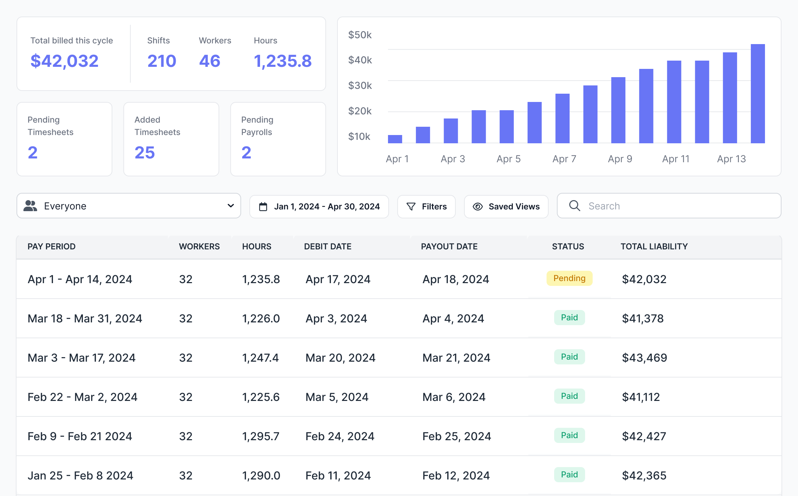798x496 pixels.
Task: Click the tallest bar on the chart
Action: [x=758, y=93]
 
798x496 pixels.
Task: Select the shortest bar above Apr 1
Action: [x=395, y=139]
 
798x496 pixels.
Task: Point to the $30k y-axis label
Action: [x=360, y=85]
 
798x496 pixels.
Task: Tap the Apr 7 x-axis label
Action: [x=564, y=159]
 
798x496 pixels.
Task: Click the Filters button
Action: [x=427, y=206]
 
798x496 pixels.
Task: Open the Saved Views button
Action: [x=506, y=206]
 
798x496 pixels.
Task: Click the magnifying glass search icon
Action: [x=574, y=206]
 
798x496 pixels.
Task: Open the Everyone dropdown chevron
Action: [x=231, y=206]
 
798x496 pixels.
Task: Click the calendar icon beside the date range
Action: [x=263, y=207]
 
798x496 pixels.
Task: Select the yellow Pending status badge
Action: [x=570, y=278]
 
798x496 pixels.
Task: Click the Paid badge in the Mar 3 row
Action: [x=570, y=357]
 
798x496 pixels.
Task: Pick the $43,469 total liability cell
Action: [x=645, y=358]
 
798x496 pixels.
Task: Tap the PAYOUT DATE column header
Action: [x=449, y=246]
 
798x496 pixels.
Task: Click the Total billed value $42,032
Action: [x=65, y=61]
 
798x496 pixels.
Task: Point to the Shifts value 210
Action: [x=162, y=61]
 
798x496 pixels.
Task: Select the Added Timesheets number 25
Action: [x=145, y=153]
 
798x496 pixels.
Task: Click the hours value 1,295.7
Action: [x=261, y=436]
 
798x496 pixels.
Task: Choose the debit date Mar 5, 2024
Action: [x=337, y=397]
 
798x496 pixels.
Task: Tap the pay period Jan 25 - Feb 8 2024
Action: [x=80, y=476]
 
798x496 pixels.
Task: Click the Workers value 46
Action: [x=210, y=61]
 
